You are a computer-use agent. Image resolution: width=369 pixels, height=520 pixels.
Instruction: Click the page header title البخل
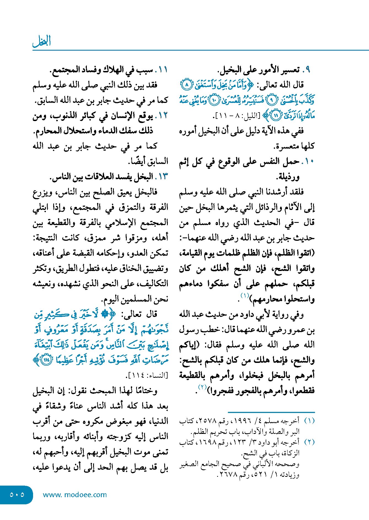click(x=42, y=41)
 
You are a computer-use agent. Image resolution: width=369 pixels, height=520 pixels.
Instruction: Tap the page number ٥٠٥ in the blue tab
click(x=17, y=495)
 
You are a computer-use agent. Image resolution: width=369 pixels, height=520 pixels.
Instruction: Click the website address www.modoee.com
click(x=75, y=495)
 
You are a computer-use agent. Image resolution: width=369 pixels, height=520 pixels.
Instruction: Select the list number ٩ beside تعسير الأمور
click(x=308, y=70)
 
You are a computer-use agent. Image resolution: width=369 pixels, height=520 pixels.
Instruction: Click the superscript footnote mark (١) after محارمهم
click(x=244, y=296)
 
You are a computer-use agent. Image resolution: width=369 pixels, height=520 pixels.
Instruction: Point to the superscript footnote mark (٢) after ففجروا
click(x=202, y=387)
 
